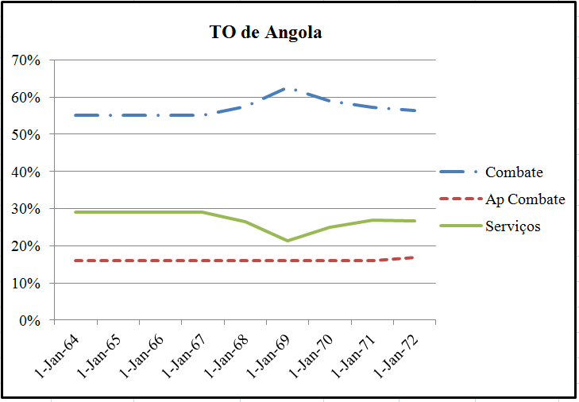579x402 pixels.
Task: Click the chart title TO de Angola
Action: coord(265,33)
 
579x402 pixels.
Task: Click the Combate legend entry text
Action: coord(514,172)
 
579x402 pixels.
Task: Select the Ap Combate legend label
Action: coord(525,199)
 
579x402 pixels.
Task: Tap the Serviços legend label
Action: coord(513,226)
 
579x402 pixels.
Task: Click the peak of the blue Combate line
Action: coord(288,88)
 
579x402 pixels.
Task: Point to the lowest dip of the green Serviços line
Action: coord(288,240)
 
